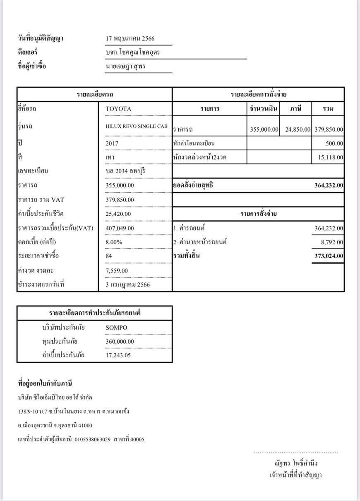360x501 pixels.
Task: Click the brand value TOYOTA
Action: point(118,109)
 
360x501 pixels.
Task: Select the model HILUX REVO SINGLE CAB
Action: point(137,126)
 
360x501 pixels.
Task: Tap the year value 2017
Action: point(112,144)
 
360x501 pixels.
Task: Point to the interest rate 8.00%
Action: point(114,242)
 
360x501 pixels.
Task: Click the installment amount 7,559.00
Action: point(117,271)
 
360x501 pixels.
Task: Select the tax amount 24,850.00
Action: point(298,130)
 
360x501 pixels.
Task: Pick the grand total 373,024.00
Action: point(329,256)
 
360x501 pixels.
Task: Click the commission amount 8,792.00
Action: point(332,242)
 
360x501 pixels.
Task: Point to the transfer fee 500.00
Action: point(335,144)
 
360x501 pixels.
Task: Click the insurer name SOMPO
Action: point(117,328)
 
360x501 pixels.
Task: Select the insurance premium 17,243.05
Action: point(118,355)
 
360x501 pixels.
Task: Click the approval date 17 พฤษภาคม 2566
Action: point(130,39)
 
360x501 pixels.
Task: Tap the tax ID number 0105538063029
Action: point(93,439)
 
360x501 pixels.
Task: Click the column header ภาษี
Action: point(295,109)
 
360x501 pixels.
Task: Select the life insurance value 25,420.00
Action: point(118,214)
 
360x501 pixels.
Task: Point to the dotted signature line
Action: point(296,453)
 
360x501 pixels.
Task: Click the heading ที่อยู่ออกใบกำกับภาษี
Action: point(46,383)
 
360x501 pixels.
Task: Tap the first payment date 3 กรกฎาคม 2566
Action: point(128,285)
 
